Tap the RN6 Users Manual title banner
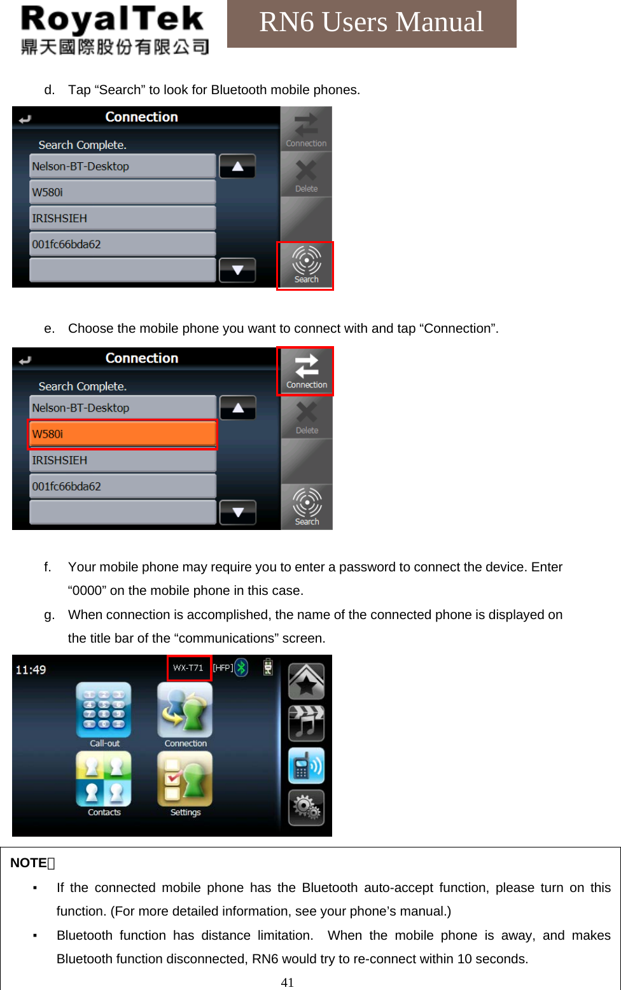click(372, 23)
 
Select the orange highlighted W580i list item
click(122, 434)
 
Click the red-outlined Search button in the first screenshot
click(305, 265)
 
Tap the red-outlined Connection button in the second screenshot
click(305, 371)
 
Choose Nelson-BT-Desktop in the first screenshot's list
click(122, 166)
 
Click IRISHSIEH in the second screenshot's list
click(122, 460)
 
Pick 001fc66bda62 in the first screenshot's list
click(122, 244)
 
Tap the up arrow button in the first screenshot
click(237, 166)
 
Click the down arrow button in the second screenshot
click(237, 512)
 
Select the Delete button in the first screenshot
click(306, 174)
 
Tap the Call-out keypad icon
click(104, 711)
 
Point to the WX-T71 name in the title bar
click(189, 667)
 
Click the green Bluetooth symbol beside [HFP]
click(241, 667)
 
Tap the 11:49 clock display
click(31, 669)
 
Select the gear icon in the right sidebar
click(306, 807)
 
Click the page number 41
click(288, 982)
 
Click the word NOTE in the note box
click(29, 863)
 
